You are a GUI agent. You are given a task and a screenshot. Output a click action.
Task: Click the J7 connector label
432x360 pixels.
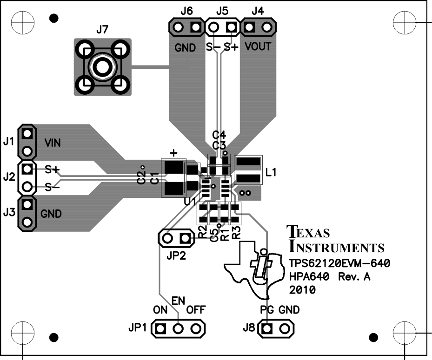[x=102, y=31]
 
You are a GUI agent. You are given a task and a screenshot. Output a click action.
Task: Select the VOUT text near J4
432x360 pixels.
[x=257, y=47]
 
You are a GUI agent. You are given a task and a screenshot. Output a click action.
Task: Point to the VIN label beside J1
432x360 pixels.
[x=53, y=143]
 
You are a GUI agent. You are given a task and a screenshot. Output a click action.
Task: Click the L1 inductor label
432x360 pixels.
[x=272, y=172]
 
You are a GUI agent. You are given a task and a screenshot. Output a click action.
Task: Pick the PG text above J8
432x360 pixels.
[x=267, y=310]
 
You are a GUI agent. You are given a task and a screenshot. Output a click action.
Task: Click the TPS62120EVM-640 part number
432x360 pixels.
[x=339, y=264]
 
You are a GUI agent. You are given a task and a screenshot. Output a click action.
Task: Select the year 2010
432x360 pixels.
[x=303, y=291]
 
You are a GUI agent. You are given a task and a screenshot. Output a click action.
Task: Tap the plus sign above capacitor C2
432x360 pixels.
[x=173, y=152]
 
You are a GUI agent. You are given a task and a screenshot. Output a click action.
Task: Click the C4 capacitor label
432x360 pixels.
[x=219, y=135]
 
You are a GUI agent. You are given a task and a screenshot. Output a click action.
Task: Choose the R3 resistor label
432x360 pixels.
[x=236, y=233]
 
